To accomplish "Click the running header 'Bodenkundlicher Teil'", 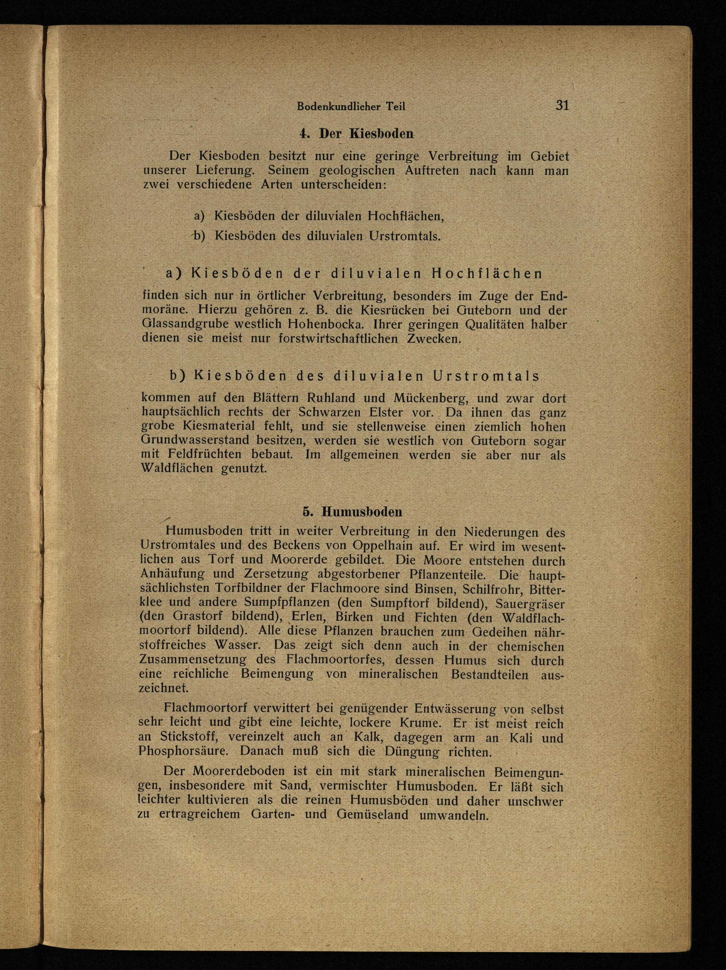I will [351, 106].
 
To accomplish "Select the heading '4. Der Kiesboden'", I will [356, 133].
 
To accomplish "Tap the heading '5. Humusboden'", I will [352, 512].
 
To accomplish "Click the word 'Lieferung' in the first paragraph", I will [225, 170].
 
